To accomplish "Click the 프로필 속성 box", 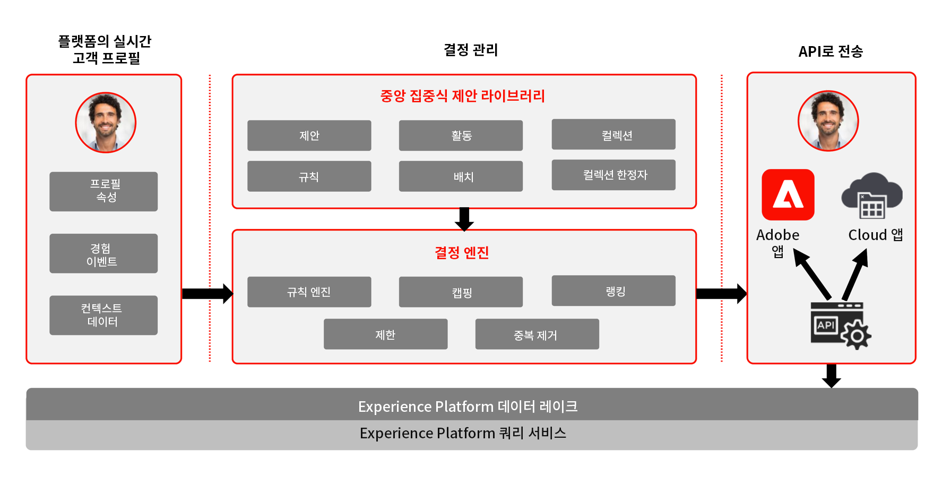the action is (x=103, y=191).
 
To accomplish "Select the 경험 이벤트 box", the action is (x=103, y=253).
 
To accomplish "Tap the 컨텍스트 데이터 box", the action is (x=103, y=315).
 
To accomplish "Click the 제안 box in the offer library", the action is (x=309, y=136).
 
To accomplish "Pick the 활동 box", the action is (x=461, y=136).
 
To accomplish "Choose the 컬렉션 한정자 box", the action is (x=613, y=175).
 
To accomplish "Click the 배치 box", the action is (x=461, y=176).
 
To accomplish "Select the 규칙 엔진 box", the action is (x=309, y=292).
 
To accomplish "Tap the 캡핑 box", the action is (x=461, y=292).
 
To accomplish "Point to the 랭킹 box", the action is (x=613, y=290).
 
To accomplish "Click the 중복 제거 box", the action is (x=537, y=334).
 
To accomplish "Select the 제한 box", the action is (x=386, y=334).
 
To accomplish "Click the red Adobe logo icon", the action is (x=788, y=195).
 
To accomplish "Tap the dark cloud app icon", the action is (x=872, y=195).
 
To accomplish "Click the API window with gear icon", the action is (x=841, y=325).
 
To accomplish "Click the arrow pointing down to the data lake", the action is (x=831, y=376).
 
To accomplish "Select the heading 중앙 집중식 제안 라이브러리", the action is (x=463, y=96).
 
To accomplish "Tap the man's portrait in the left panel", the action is (x=106, y=122).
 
